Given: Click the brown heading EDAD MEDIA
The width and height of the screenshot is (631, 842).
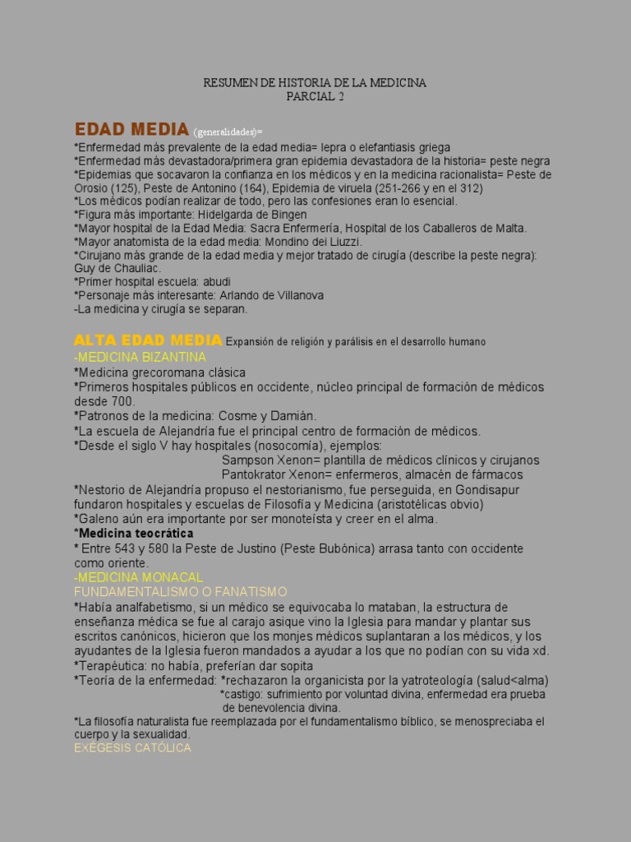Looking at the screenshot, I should [131, 129].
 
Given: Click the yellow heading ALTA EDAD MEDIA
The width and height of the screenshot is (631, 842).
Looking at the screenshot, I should [148, 340].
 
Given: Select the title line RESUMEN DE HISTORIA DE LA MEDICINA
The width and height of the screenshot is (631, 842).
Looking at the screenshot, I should [315, 83].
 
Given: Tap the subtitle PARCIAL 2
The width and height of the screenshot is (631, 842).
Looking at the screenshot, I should [315, 96].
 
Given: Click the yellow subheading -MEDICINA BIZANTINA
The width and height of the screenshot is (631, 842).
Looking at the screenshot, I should [140, 358].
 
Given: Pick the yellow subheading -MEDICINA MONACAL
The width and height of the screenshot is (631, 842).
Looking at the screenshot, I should [138, 577].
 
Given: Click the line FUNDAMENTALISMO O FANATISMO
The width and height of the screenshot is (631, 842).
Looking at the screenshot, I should [180, 591].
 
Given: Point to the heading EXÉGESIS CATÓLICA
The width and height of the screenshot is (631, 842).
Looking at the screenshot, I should [132, 747].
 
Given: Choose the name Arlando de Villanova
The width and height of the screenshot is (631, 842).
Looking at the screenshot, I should [271, 295].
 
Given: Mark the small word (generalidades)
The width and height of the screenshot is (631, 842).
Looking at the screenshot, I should [228, 132].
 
